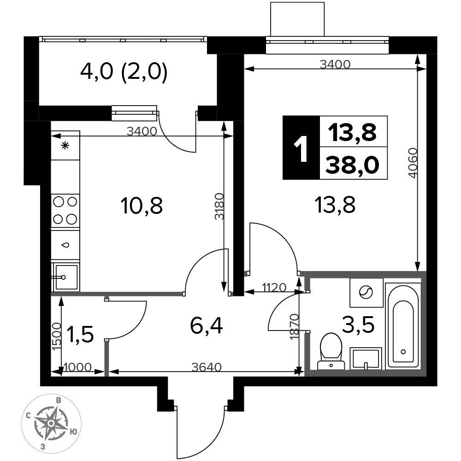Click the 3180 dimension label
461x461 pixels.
click(220, 206)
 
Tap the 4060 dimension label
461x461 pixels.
click(413, 163)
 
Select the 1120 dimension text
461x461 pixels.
click(274, 288)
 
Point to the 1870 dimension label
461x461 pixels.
click(295, 326)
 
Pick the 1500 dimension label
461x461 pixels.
click(57, 336)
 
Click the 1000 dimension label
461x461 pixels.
click(77, 367)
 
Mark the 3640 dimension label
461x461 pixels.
click(207, 367)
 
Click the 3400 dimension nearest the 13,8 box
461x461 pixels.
click(335, 65)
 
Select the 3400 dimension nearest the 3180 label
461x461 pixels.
click(142, 131)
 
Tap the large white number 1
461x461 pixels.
click(301, 150)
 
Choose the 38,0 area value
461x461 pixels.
click(353, 165)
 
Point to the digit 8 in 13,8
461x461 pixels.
click(369, 133)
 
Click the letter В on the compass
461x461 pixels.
click(59, 400)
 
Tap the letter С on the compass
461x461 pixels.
click(29, 416)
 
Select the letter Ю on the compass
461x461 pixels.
click(73, 432)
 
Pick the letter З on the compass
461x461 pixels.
click(43, 446)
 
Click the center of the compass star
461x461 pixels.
click(51, 423)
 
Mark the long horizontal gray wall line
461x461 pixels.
click(117, 294)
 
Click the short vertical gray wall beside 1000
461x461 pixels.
click(106, 358)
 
